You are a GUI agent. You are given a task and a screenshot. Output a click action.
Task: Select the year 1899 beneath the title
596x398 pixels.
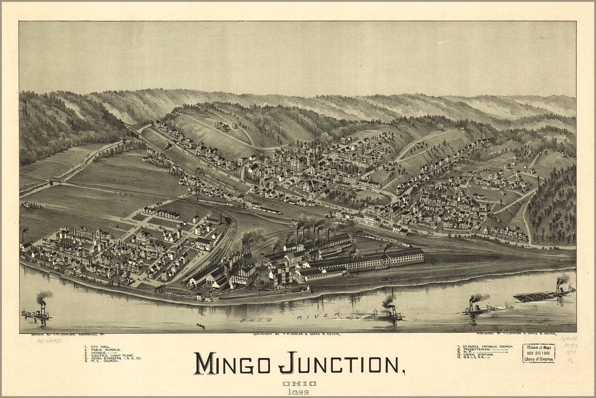(299, 392)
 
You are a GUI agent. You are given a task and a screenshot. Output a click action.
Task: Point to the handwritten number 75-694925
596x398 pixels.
(49, 341)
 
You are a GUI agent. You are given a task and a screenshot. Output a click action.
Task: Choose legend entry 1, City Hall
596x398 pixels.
(99, 346)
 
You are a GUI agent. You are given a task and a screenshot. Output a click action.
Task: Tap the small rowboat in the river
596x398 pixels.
(201, 326)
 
